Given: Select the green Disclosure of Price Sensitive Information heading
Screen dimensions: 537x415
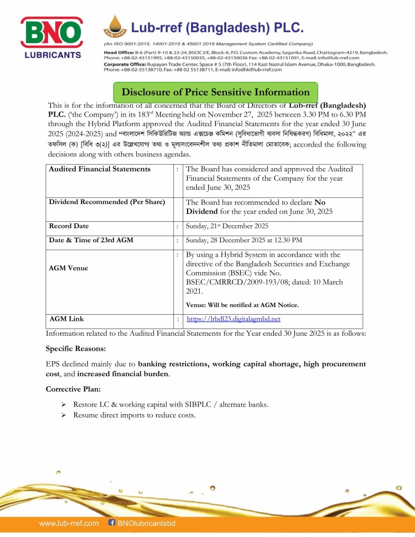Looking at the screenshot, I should [215, 92].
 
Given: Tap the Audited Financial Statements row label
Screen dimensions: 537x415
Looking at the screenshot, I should [100, 169].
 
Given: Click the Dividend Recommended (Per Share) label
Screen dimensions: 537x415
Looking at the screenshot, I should [107, 202].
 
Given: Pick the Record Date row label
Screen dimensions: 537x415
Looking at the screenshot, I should [69, 226].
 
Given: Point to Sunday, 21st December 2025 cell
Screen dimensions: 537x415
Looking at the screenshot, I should [227, 226].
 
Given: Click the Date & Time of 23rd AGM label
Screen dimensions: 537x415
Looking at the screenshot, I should [91, 240].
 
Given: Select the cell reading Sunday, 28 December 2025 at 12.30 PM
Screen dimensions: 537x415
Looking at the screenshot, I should [244, 240].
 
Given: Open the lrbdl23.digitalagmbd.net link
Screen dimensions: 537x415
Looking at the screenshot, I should [234, 319].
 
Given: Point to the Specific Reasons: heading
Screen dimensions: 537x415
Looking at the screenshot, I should [76, 350].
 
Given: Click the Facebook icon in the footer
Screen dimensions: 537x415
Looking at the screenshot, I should [110, 523].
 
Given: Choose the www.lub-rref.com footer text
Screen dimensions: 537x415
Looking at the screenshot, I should [69, 523].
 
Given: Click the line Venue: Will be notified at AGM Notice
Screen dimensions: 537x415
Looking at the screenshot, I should [242, 305].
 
